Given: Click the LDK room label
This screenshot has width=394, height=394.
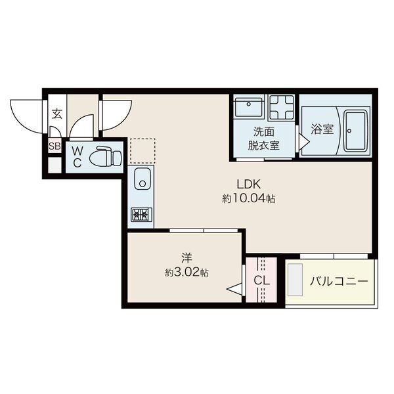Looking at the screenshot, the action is tap(249, 185).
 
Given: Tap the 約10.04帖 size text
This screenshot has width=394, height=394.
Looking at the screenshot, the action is tap(248, 199).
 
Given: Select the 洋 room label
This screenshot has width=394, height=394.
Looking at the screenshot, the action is tap(186, 258).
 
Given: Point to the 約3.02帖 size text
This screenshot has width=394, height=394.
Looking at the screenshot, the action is tap(186, 272).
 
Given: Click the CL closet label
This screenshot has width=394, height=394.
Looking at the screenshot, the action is tap(261, 280).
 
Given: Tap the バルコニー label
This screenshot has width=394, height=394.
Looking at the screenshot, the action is tap(338, 280).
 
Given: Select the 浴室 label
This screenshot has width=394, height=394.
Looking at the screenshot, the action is tap(322, 129).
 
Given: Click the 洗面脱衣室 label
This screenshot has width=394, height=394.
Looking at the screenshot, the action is tap(263, 138).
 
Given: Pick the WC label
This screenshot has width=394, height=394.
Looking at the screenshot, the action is tap(77, 158).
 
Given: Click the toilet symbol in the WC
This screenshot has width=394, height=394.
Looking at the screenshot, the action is tap(106, 156).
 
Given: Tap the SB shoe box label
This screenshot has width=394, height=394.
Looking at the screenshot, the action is tap(55, 146).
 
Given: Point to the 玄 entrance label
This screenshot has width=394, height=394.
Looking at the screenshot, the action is tap(56, 114).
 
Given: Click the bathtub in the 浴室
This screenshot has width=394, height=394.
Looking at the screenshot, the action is tap(355, 131).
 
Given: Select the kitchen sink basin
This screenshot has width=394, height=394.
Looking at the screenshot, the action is tap(142, 178).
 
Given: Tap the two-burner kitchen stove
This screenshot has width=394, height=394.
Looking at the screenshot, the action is tap(141, 215).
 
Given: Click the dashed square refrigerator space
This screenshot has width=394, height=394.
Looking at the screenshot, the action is tap(142, 151).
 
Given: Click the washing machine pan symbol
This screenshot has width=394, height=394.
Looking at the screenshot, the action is tap(282, 108).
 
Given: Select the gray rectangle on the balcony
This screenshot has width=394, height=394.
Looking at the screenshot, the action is tap(295, 280).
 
